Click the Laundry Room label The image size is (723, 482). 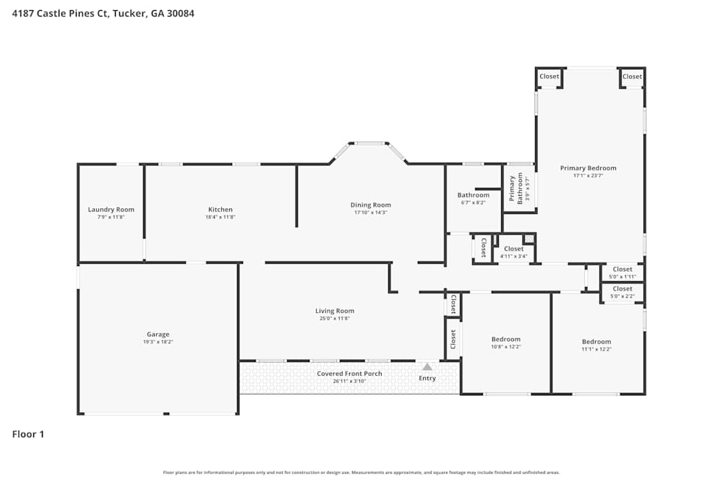pos(111,210)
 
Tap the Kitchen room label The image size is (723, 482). pos(221,210)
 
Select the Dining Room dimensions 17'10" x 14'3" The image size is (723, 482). pos(371,212)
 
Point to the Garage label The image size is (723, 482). pos(158,335)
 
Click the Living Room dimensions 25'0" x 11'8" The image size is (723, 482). pos(335,319)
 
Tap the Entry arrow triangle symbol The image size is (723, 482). pos(427,367)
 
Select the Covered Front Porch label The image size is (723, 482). pos(349,374)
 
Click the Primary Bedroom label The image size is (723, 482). pos(588,168)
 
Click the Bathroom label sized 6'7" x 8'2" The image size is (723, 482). pos(473,195)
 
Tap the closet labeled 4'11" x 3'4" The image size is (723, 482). pos(513,249)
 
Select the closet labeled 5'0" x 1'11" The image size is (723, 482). pos(622,269)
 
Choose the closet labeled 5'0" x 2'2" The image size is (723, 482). pos(622,289)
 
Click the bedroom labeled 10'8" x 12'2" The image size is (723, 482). pos(505,340)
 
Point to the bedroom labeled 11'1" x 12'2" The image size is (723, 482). pos(596,342)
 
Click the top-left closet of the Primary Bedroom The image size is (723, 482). pos(549,77)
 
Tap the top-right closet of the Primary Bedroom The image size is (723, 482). pos(632,77)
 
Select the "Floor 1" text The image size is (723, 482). pos(28,434)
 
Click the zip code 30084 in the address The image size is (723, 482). pos(181,13)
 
